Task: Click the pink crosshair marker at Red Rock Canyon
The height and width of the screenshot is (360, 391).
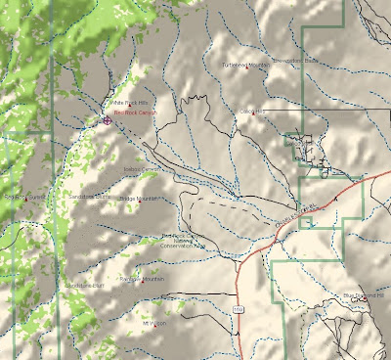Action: click(x=106, y=121)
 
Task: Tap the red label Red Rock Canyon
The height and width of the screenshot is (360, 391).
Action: click(x=134, y=114)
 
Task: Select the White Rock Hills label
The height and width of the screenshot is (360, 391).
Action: click(x=128, y=102)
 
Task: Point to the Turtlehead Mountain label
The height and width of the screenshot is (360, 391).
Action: click(x=244, y=67)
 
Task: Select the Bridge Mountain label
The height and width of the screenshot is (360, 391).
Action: click(x=138, y=199)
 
